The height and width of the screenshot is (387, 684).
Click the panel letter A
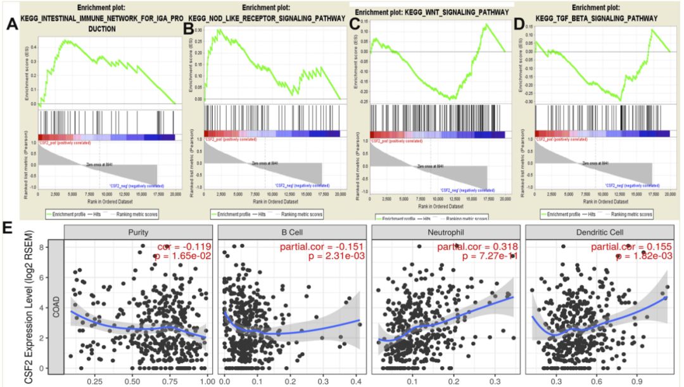[11, 25]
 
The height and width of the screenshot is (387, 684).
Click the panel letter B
[188, 28]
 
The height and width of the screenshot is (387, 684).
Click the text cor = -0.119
[177, 246]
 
